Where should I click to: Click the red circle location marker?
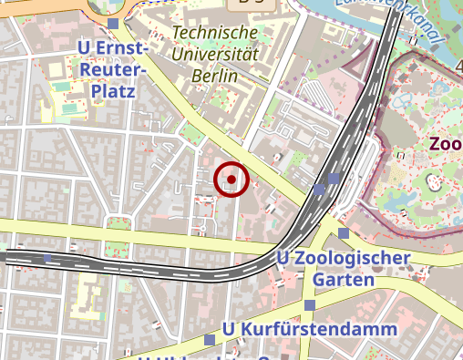pyautogui.click(x=231, y=180)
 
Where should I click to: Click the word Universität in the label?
pyautogui.click(x=215, y=55)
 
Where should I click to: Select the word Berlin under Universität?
pyautogui.click(x=215, y=76)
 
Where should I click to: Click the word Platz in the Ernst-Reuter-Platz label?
pyautogui.click(x=113, y=91)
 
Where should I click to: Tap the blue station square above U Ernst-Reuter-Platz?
pyautogui.click(x=113, y=24)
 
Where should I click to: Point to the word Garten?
pyautogui.click(x=342, y=280)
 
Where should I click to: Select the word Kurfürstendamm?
pyautogui.click(x=319, y=328)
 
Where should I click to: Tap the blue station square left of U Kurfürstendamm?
pyautogui.click(x=210, y=340)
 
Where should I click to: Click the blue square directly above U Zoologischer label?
pyautogui.click(x=343, y=233)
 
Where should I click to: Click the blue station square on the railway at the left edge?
pyautogui.click(x=47, y=259)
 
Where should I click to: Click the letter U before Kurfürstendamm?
pyautogui.click(x=229, y=328)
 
